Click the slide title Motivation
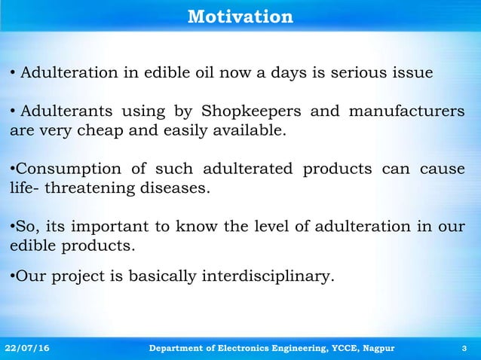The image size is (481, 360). click(240, 16)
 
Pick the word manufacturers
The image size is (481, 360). click(407, 113)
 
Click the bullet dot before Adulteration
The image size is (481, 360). click(13, 73)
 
